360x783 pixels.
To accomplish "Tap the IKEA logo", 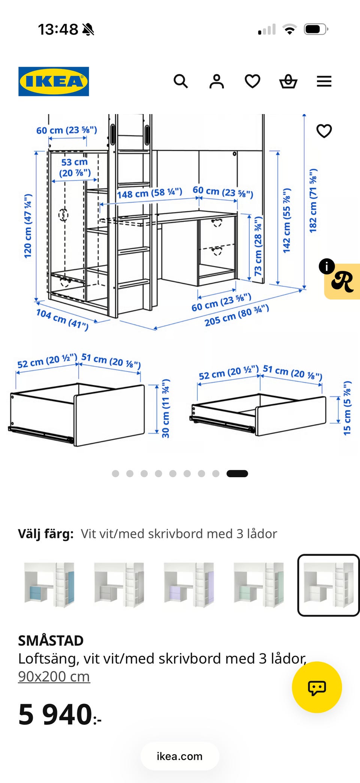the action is click(x=54, y=81).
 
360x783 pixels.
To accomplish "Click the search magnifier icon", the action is click(x=181, y=81).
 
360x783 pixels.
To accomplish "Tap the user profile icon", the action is click(x=217, y=81).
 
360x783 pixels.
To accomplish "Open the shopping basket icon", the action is click(x=288, y=81).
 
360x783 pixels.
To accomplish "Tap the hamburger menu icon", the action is click(x=324, y=81).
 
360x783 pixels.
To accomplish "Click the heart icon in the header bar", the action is click(x=252, y=81).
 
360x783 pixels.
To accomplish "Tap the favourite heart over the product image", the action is click(x=324, y=131).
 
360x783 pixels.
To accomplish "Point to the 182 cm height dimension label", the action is click(x=313, y=201).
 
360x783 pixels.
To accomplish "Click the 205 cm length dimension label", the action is click(x=237, y=316).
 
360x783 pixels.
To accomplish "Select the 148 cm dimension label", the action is click(x=150, y=193).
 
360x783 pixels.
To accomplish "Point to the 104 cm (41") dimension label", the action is click(x=62, y=319).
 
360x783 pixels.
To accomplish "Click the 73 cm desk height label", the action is click(x=258, y=246).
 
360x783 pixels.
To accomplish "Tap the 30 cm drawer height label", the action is click(x=165, y=409).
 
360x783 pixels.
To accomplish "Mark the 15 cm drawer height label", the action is click(x=347, y=408).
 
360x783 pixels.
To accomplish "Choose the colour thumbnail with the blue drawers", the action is click(x=49, y=585).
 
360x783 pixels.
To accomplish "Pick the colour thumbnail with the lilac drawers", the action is click(x=189, y=585).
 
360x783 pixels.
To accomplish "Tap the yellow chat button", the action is click(x=317, y=687).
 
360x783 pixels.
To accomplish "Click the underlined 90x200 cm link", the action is click(x=54, y=676).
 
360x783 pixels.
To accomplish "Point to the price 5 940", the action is click(x=60, y=715).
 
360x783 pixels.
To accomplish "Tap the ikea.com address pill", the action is click(x=180, y=756).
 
